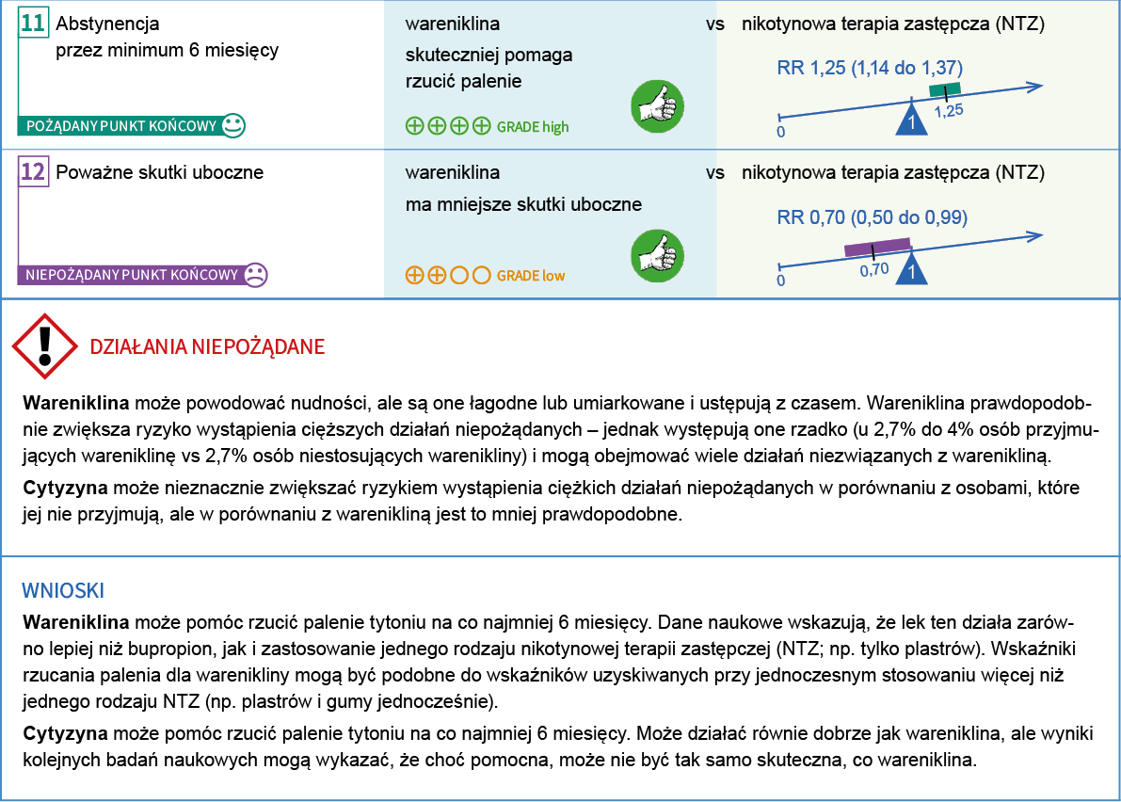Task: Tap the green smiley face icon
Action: coord(234,125)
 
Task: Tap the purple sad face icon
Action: coord(255,275)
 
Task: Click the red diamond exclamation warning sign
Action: coord(44,346)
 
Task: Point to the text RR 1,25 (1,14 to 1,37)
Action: coord(870,68)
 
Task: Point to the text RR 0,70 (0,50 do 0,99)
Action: coord(873,218)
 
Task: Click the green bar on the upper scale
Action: coord(945,89)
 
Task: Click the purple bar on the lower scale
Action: coord(877,248)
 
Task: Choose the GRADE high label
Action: coord(533,126)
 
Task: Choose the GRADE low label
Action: coord(531,276)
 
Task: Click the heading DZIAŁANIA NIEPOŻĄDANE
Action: coord(207,346)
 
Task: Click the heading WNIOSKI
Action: coord(63,590)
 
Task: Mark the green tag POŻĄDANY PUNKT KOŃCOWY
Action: coord(120,126)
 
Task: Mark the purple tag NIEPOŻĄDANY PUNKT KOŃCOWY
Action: coord(132,276)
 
